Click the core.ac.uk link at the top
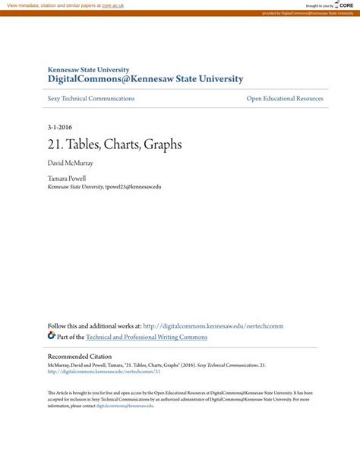pyautogui.click(x=112, y=5)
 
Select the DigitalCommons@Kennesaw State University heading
pyautogui.click(x=145, y=79)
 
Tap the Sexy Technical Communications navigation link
pyautogui.click(x=91, y=99)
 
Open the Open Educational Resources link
pyautogui.click(x=285, y=99)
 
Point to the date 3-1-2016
pyautogui.click(x=60, y=127)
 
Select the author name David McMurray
pyautogui.click(x=71, y=163)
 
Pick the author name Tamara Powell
pyautogui.click(x=67, y=179)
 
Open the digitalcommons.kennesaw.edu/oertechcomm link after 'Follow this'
pyautogui.click(x=213, y=326)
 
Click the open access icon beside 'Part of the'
pyautogui.click(x=52, y=335)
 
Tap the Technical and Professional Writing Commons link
pyautogui.click(x=147, y=337)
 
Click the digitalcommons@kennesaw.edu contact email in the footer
pyautogui.click(x=125, y=406)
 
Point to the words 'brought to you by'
pyautogui.click(x=319, y=5)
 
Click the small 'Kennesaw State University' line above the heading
pyautogui.click(x=88, y=69)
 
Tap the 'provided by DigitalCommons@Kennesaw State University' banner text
pyautogui.click(x=307, y=14)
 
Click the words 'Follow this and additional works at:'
pyautogui.click(x=94, y=326)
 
